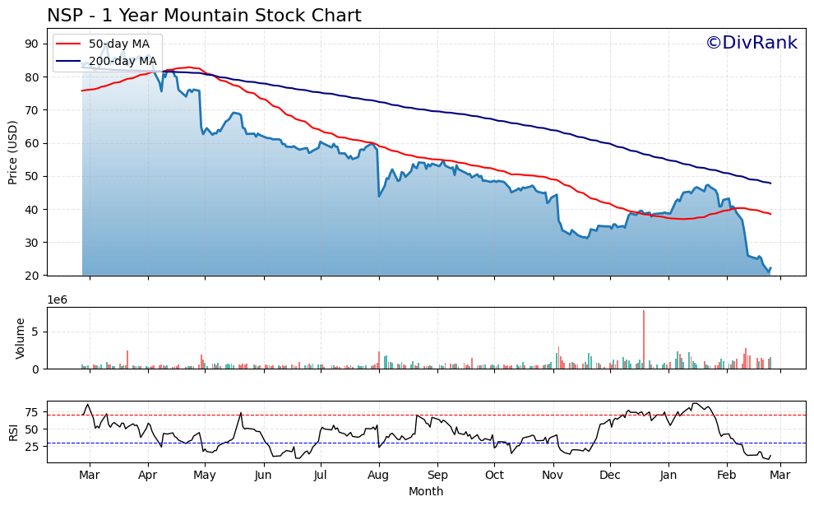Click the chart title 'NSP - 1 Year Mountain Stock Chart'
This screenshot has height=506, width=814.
pyautogui.click(x=204, y=16)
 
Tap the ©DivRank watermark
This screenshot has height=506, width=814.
pyautogui.click(x=752, y=43)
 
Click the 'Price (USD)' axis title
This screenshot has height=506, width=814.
pyautogui.click(x=13, y=152)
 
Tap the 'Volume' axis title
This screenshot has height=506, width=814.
pyautogui.click(x=21, y=338)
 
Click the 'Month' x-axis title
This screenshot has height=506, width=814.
pyautogui.click(x=426, y=492)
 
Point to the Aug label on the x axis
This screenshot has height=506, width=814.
pyautogui.click(x=378, y=475)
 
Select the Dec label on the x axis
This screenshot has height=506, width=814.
pyautogui.click(x=610, y=475)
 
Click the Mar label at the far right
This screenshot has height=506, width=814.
pyautogui.click(x=780, y=475)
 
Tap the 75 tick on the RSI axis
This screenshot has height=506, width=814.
pyautogui.click(x=33, y=412)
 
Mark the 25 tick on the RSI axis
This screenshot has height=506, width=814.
pyautogui.click(x=33, y=447)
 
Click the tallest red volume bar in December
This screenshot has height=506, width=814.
pyautogui.click(x=644, y=339)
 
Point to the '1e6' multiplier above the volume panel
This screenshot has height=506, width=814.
pyautogui.click(x=58, y=299)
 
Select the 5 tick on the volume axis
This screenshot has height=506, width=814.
pyautogui.click(x=37, y=332)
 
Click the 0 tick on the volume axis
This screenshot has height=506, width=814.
pyautogui.click(x=37, y=369)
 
